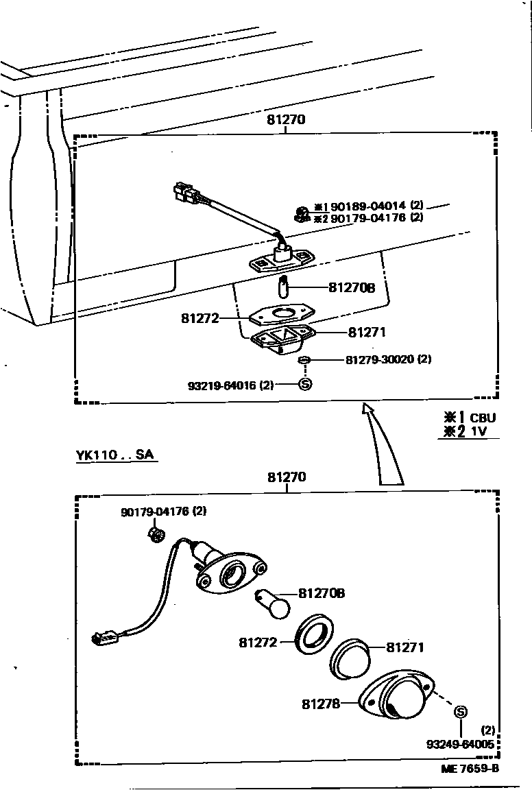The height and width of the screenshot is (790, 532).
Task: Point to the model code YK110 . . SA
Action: click(x=115, y=455)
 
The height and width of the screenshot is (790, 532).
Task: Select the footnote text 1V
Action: click(x=480, y=431)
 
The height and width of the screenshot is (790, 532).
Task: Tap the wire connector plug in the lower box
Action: click(x=104, y=640)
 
